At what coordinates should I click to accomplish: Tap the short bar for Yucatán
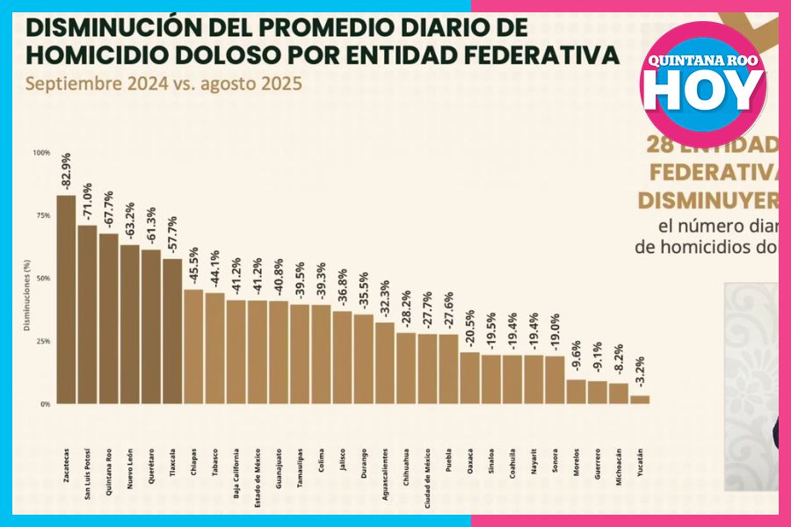click(641, 400)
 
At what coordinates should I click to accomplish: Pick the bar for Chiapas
click(193, 346)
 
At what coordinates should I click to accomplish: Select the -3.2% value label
click(642, 373)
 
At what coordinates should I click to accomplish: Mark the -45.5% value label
click(194, 268)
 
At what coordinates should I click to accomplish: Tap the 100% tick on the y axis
click(42, 153)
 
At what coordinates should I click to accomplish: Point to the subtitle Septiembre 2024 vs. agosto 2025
click(163, 85)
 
